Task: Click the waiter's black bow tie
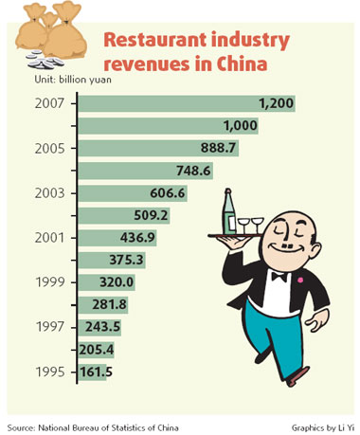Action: tap(279, 278)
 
